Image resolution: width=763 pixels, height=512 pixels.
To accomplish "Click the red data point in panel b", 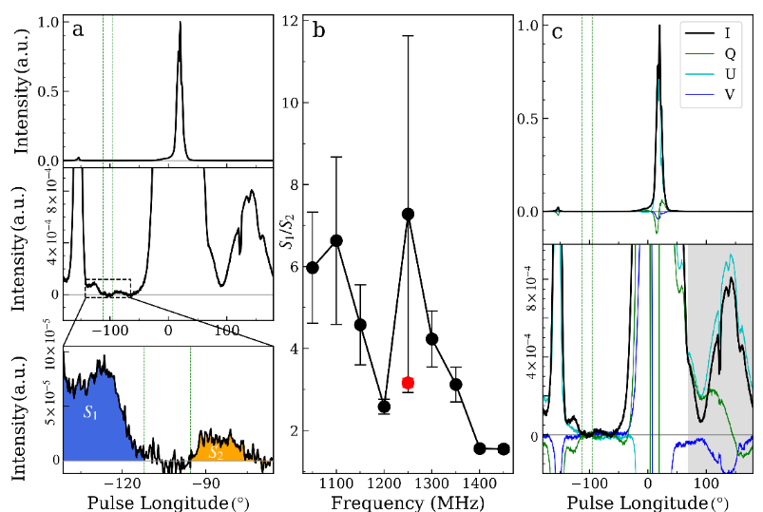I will point(408,383).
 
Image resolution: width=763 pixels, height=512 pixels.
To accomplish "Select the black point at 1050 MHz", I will point(313,267).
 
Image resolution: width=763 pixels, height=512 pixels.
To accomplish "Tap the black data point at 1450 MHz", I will point(504,448).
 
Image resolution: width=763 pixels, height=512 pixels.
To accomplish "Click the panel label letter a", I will point(78,30).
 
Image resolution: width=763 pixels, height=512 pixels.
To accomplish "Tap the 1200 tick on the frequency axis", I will point(384,482).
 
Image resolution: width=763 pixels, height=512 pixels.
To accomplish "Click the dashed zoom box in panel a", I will point(107,288).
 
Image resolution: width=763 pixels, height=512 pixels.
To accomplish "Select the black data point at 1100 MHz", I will point(336,240).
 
